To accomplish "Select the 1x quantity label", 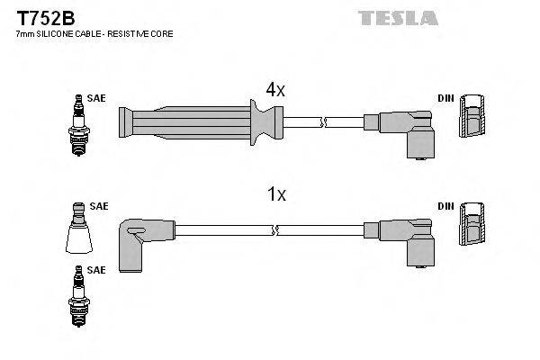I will pos(274,194).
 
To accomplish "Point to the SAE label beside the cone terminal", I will pos(98,206).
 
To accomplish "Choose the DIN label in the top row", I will pos(445,98).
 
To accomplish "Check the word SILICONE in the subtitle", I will pos(55,33).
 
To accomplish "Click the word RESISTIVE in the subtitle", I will pos(129,33).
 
